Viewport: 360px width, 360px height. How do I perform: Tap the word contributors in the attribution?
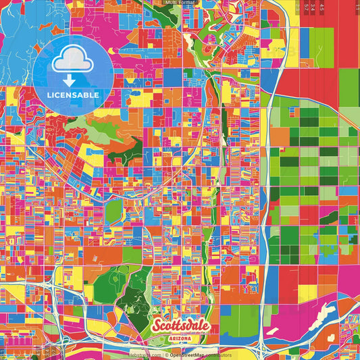217,355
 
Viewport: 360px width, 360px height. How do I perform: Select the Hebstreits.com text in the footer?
145,355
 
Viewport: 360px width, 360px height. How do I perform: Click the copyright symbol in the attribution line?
166,355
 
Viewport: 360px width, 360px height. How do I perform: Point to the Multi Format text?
180,3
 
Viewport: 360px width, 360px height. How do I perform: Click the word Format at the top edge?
186,3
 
